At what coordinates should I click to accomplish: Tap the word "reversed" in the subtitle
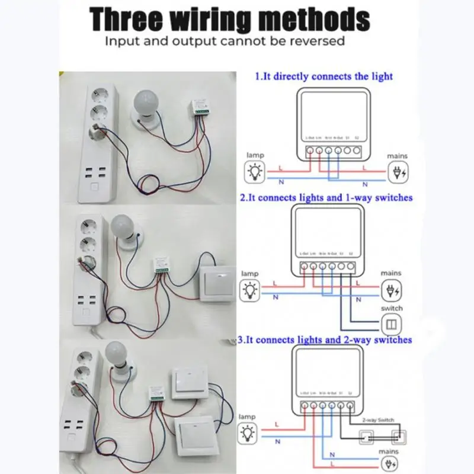[x=315, y=41]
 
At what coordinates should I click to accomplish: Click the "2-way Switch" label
[x=377, y=419]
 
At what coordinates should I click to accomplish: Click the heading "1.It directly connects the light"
[x=324, y=76]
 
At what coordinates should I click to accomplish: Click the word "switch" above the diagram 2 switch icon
[x=392, y=308]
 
